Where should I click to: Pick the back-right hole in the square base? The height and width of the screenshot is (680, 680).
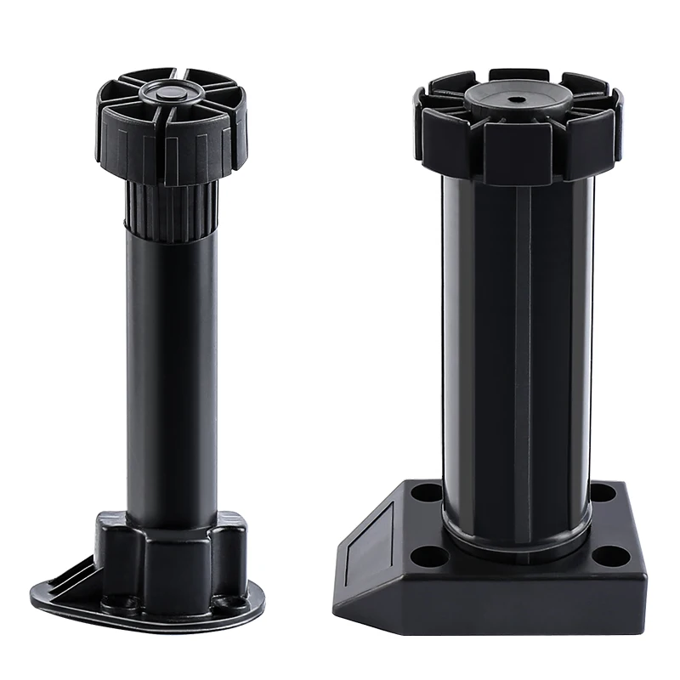point(601,490)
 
